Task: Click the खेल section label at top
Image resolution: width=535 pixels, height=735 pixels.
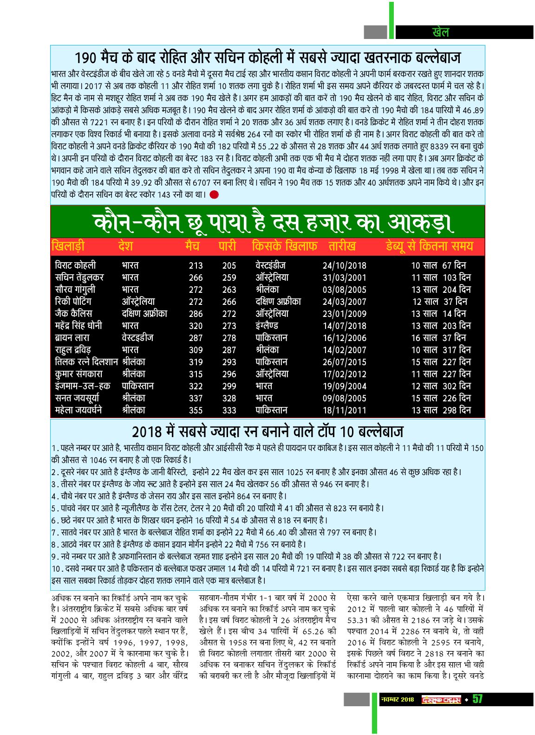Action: [440, 32]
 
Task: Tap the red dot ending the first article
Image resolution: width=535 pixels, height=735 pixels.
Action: [214, 194]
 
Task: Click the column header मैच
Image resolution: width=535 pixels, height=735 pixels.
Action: [192, 246]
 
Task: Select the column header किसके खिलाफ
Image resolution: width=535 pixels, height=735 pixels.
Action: [284, 246]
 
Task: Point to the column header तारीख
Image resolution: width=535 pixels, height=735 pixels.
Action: [342, 246]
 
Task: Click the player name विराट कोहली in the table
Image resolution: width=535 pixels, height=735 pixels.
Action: [75, 265]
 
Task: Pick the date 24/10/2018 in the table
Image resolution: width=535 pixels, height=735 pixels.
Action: [344, 266]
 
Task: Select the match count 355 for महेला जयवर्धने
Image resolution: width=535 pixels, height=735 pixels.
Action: [196, 411]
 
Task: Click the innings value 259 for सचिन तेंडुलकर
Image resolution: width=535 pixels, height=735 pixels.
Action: [229, 278]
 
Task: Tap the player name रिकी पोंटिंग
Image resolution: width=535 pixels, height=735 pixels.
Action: [73, 302]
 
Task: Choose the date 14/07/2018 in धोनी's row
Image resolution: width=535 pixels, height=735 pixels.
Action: [344, 326]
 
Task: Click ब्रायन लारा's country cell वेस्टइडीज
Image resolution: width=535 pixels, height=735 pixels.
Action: [137, 338]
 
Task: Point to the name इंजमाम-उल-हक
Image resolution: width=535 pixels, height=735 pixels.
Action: [82, 386]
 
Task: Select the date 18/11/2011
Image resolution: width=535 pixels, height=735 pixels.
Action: [344, 411]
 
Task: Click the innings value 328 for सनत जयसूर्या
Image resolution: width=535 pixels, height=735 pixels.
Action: [229, 399]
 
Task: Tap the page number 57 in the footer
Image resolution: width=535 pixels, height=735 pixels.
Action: [477, 699]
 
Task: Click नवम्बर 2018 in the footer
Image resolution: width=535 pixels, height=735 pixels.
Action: [397, 700]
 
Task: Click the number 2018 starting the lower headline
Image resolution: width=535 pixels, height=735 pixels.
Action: [147, 432]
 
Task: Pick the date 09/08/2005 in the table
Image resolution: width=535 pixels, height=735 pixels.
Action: [344, 399]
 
